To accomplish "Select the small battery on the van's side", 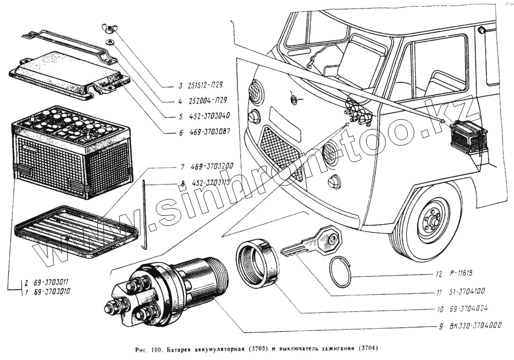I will click(x=468, y=136).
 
